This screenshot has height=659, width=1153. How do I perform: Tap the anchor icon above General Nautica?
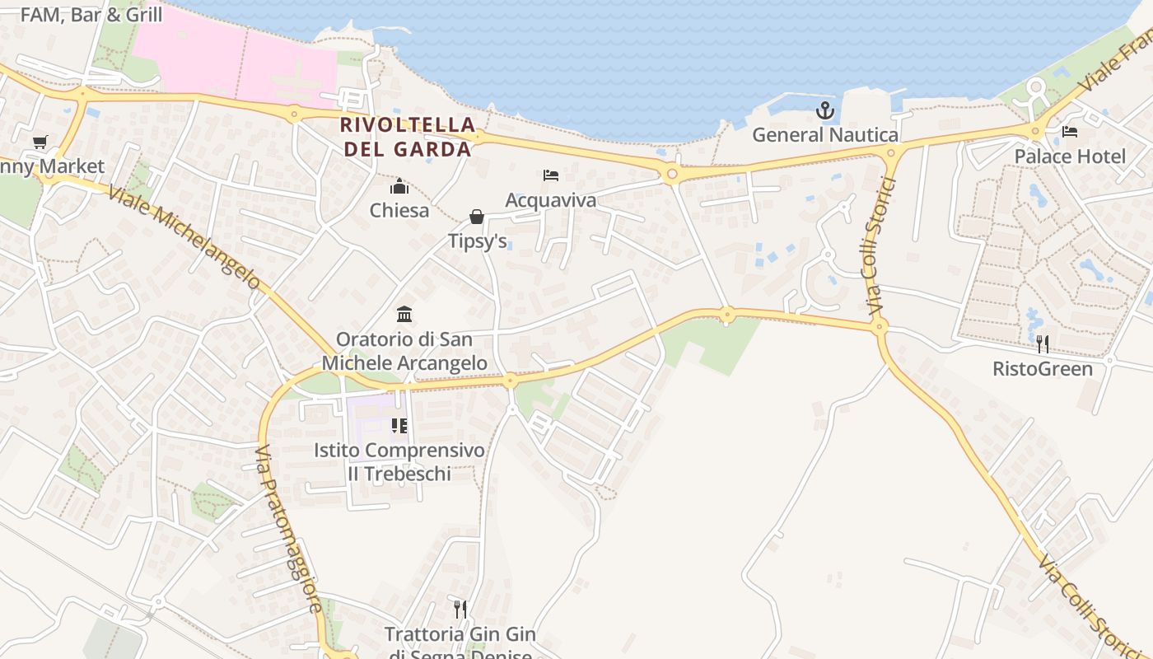824,110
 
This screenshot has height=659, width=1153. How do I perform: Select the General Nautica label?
824,134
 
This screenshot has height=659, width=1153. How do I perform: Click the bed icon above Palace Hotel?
1070,132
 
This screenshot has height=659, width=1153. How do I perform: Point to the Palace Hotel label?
1070,157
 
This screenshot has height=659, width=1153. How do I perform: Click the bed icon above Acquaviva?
551,175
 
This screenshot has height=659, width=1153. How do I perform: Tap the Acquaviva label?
550,200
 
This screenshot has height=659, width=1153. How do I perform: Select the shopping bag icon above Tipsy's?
476,217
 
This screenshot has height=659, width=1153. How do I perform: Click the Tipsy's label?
477,241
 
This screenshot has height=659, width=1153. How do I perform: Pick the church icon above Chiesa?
399,186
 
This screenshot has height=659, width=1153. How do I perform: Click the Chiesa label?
399,210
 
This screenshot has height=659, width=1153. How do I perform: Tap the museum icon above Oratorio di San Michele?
404,314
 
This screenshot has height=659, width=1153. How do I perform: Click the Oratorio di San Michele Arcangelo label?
404,351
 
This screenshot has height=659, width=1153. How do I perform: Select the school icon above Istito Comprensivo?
399,426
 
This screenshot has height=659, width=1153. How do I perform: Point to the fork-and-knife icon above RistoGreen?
1043,344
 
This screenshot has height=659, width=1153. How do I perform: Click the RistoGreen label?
1043,368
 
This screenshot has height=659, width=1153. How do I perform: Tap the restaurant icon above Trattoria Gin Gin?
460,610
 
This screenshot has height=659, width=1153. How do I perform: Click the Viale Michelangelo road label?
184,237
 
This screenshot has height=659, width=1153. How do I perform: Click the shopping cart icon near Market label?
40,142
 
